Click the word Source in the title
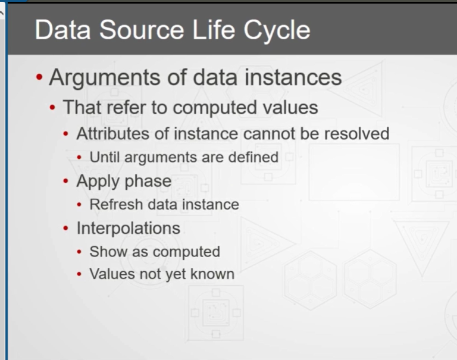pos(142,30)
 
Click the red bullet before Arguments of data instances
pos(39,77)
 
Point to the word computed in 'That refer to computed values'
pos(215,108)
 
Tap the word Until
pos(105,158)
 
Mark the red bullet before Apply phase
pos(65,181)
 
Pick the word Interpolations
pos(129,228)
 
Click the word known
pos(212,274)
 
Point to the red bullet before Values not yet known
pos(79,274)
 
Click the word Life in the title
pos(214,30)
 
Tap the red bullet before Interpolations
pos(65,228)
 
